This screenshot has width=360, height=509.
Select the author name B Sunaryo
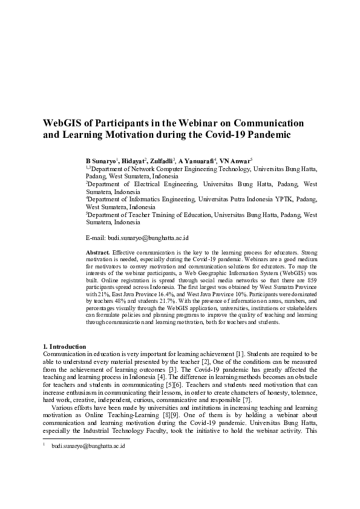tap(100, 161)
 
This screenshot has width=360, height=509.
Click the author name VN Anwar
tap(234, 161)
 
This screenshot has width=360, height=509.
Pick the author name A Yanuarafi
tap(195, 161)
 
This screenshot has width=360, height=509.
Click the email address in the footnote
tap(88, 446)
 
